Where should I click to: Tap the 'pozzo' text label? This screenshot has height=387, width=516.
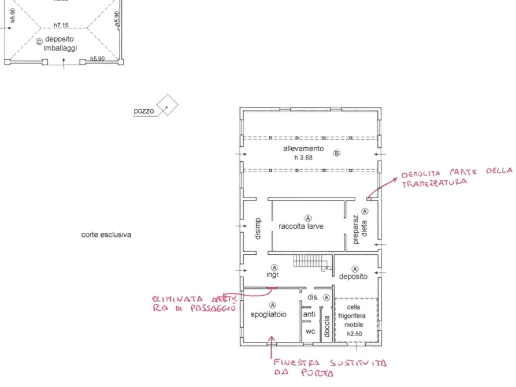point(144,111)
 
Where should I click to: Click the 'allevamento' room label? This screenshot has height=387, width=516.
point(303,148)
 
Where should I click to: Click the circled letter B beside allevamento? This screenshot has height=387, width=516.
point(337,153)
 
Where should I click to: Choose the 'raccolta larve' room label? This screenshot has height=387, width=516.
point(301,226)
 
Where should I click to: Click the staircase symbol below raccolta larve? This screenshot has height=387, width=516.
point(305,263)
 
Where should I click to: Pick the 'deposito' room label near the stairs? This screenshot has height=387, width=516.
point(353,277)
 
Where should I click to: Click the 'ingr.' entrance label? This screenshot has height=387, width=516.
point(273,276)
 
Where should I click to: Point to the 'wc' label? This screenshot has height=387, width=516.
point(310,332)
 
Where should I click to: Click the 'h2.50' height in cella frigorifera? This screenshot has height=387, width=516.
point(354,334)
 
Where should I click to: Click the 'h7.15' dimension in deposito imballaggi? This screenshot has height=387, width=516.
point(61,25)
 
